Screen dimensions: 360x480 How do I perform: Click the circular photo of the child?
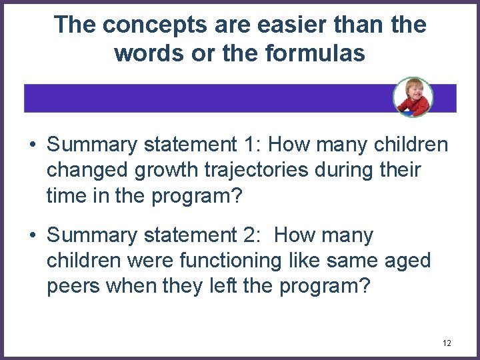point(413,97)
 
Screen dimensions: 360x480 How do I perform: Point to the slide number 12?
point(446,343)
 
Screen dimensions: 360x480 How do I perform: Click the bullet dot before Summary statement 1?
point(32,145)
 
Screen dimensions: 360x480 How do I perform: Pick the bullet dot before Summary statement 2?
point(32,235)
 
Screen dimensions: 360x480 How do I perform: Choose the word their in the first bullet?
point(398,170)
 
